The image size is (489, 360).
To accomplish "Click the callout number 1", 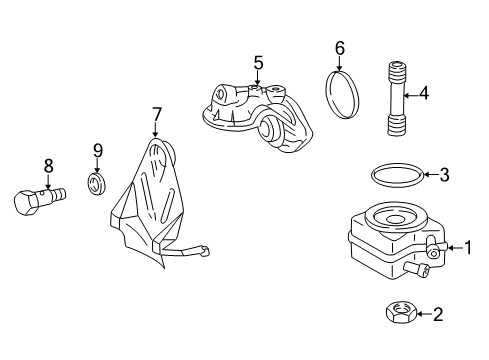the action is pyautogui.click(x=468, y=248).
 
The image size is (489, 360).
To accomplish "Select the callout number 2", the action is pyautogui.click(x=438, y=314).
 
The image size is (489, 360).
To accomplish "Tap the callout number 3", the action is pyautogui.click(x=444, y=175).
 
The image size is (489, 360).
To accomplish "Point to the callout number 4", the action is pyautogui.click(x=424, y=94).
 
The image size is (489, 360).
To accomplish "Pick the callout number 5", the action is pyautogui.click(x=258, y=63).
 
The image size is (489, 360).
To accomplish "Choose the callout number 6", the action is pyautogui.click(x=339, y=49).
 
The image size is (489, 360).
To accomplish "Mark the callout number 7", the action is pyautogui.click(x=156, y=114).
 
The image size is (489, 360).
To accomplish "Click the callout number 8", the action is pyautogui.click(x=49, y=166).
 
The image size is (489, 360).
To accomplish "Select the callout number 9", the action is pyautogui.click(x=98, y=151).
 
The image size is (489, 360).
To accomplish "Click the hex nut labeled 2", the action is pyautogui.click(x=401, y=311).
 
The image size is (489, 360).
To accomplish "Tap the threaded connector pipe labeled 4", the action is pyautogui.click(x=397, y=99).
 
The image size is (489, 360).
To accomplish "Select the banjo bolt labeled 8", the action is pyautogui.click(x=40, y=199).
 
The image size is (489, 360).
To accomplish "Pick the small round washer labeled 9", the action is pyautogui.click(x=97, y=184).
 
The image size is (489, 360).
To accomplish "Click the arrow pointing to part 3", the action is pyautogui.click(x=430, y=174).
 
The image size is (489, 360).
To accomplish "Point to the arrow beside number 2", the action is pyautogui.click(x=424, y=314).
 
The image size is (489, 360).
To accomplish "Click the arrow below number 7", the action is pyautogui.click(x=155, y=130).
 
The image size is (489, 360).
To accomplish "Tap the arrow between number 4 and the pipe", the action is pyautogui.click(x=410, y=96).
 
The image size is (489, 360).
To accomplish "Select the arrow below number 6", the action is pyautogui.click(x=339, y=64).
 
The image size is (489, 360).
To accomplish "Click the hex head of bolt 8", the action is pyautogui.click(x=26, y=203).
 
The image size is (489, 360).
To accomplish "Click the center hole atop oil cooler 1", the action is pyautogui.click(x=395, y=219).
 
